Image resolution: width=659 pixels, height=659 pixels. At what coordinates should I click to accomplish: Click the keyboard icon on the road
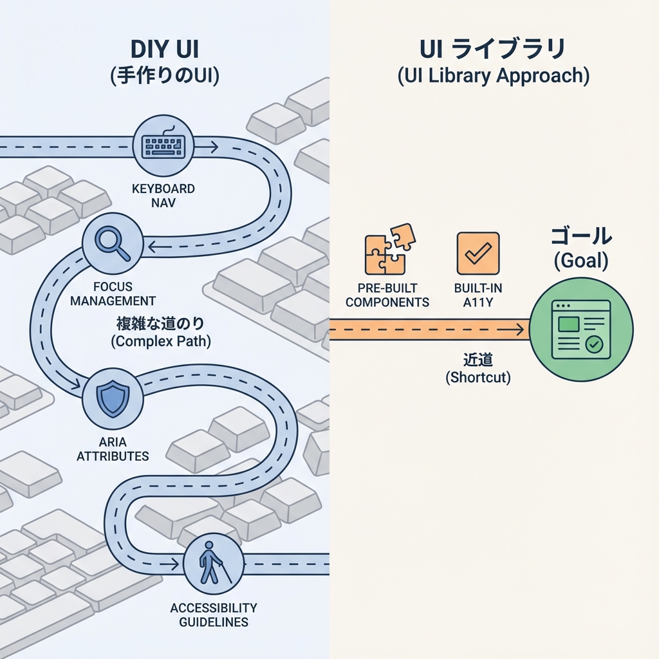163,145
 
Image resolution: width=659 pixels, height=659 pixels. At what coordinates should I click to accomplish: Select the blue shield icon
113,398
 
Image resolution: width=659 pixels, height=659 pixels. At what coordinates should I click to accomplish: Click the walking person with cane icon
213,563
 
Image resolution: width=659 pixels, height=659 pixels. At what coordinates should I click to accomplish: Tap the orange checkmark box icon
478,254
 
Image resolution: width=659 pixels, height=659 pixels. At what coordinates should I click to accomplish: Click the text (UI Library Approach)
493,75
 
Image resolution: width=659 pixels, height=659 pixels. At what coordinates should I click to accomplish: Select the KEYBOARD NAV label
163,196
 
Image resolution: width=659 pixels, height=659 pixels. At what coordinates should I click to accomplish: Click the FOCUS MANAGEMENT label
113,294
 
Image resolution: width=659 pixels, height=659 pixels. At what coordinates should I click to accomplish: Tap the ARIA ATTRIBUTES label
113,449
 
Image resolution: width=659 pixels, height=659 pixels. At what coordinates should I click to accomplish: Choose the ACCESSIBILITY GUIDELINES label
213,615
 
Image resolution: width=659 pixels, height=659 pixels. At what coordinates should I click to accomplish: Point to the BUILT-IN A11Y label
478,295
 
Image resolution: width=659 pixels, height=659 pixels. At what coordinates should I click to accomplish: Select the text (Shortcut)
478,378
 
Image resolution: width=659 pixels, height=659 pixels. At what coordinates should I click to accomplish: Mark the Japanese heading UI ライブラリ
493,49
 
